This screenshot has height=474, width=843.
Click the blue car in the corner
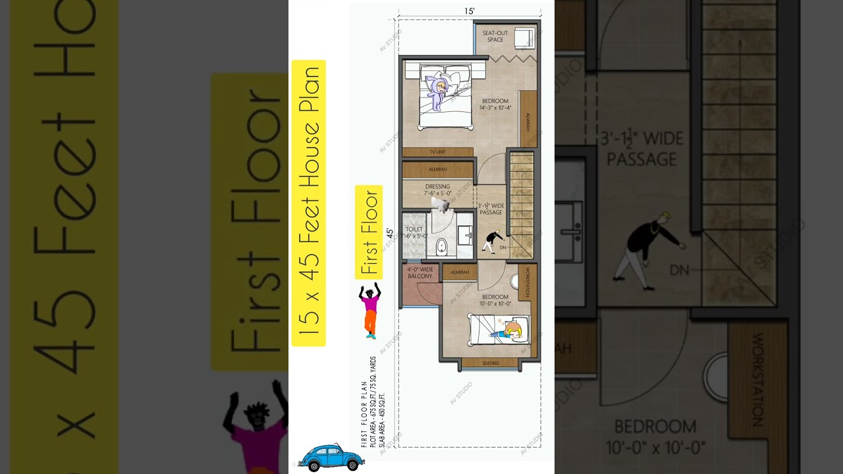[331, 458]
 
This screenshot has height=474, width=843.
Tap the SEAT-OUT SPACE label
[495, 36]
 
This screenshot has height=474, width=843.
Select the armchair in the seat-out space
[526, 38]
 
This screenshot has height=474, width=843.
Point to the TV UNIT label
[437, 152]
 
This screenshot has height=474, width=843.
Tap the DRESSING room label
[437, 190]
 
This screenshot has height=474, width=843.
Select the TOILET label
[414, 230]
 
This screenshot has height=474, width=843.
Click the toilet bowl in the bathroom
[441, 248]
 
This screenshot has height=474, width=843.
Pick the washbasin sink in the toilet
[466, 233]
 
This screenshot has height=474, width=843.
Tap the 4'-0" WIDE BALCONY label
[420, 273]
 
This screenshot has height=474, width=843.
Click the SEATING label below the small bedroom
[491, 363]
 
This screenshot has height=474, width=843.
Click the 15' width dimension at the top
[469, 11]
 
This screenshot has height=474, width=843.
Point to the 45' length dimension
[390, 233]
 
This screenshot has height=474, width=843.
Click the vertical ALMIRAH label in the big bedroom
[528, 120]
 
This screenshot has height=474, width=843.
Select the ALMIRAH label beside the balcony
[460, 272]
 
